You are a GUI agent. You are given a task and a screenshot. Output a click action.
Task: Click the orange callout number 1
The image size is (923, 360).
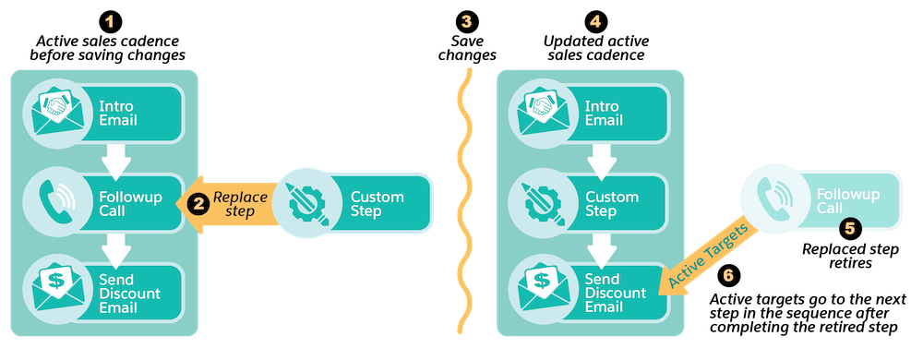click(110, 21)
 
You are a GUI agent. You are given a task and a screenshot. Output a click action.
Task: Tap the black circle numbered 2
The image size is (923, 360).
click(195, 204)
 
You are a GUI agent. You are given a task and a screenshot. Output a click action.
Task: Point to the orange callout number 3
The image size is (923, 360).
click(466, 21)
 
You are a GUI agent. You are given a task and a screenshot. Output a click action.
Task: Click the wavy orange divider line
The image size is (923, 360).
click(466, 198)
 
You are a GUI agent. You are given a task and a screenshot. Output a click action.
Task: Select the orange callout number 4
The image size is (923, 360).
click(595, 21)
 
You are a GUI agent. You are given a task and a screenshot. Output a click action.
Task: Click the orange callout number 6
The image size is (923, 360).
click(728, 275)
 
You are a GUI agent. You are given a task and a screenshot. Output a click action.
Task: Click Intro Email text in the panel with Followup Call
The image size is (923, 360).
click(117, 113)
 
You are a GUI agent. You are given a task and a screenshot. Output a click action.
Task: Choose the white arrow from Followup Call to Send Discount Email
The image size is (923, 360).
click(116, 247)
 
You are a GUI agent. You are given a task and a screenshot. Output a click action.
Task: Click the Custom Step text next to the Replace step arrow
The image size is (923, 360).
click(377, 204)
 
